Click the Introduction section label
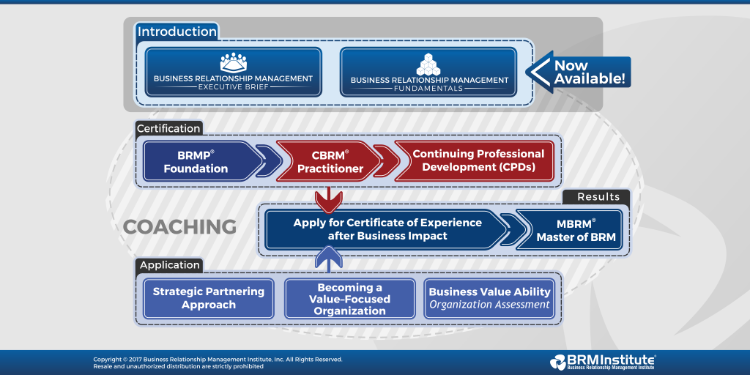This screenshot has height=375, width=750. (x=177, y=31)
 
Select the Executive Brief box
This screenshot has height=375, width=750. (x=233, y=73)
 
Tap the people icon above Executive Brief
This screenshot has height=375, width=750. (x=233, y=62)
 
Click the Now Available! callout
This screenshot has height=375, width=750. (x=582, y=73)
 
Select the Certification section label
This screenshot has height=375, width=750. (x=169, y=128)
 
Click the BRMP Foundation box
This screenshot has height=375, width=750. (x=198, y=161)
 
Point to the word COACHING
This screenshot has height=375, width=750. (x=179, y=227)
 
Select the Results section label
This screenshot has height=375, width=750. (x=598, y=196)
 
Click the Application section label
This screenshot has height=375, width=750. (x=169, y=265)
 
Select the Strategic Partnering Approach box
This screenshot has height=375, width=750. (x=209, y=298)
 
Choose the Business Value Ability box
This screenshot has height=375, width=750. (x=489, y=298)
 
